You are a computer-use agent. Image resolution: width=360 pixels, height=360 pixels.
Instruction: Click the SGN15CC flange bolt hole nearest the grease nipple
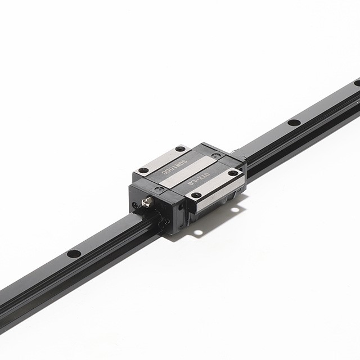(x=144, y=170)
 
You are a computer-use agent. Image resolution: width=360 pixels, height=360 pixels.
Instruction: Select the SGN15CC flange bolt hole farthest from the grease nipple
(x=180, y=149)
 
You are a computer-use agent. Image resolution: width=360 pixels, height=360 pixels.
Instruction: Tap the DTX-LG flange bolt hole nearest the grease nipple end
(x=196, y=195)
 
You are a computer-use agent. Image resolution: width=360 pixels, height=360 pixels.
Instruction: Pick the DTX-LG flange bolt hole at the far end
(x=232, y=173)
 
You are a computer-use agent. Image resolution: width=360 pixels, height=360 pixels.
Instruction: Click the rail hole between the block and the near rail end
(x=74, y=254)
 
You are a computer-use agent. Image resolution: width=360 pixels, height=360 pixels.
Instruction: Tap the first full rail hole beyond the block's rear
(x=293, y=122)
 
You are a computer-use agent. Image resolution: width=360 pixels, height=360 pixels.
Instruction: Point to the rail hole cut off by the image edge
(x=357, y=83)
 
